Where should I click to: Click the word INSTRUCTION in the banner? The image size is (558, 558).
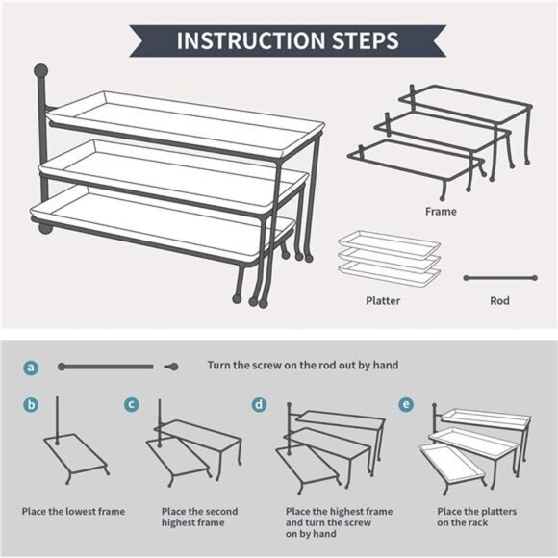251,40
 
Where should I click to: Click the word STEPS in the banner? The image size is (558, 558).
366,40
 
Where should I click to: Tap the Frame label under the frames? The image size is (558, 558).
441,212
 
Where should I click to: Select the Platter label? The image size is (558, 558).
383,301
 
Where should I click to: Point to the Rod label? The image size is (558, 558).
499,301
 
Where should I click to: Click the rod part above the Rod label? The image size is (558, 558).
500,278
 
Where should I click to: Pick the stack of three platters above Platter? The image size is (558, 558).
390,258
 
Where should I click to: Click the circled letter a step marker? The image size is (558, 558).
31,367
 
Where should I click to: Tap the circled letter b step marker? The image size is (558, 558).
31,405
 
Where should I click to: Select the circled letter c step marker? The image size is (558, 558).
132,404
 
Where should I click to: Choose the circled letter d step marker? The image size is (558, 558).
259,405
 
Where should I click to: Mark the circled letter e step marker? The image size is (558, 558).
406,405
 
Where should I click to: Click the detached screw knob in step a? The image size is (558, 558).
171,367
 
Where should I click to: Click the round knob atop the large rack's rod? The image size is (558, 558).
41,71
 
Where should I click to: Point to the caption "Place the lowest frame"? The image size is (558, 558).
73,512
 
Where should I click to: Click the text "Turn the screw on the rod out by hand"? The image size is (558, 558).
303,366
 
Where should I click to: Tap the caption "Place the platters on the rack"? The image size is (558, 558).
476,517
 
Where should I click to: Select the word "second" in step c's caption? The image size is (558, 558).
220,512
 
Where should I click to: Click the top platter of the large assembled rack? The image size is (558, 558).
186,124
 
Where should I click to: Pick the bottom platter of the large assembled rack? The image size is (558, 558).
163,223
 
